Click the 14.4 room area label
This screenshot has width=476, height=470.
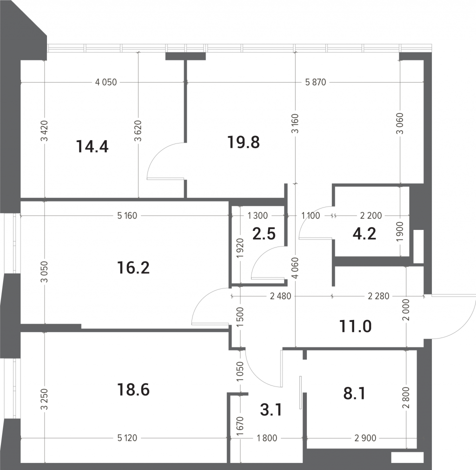point(93,147)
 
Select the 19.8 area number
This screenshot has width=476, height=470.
point(244,142)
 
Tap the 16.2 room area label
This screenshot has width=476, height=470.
point(133,268)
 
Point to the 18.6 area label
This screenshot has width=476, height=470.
point(133,390)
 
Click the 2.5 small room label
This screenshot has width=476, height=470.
point(264,234)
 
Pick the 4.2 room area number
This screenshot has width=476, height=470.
point(364,234)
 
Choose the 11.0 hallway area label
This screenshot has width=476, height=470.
point(355,326)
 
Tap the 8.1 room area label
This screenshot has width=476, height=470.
point(354,393)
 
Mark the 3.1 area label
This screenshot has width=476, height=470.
point(271,410)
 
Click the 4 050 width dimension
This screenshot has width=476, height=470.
point(106,82)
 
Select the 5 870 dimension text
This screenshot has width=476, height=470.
point(316,82)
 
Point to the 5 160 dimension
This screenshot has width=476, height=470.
point(127,215)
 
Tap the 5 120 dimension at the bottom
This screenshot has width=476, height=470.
point(127,438)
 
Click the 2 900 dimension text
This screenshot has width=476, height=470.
point(365,438)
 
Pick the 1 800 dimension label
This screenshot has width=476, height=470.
point(267,438)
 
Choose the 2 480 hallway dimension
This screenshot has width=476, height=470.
point(280,296)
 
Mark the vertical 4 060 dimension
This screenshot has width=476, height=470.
point(296,268)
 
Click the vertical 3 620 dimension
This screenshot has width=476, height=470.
point(139,131)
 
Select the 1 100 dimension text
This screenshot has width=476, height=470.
point(311,215)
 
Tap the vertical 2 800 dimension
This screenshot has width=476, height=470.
point(407,397)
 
